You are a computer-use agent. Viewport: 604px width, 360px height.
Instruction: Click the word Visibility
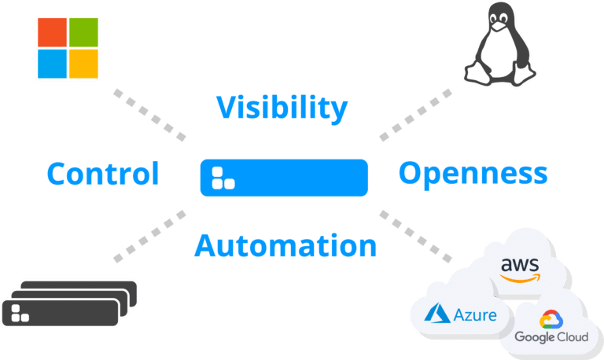(282, 108)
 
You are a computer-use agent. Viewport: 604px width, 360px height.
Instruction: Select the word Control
(103, 174)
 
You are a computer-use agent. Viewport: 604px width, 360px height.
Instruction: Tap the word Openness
(473, 174)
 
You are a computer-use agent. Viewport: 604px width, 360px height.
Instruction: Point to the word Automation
(285, 246)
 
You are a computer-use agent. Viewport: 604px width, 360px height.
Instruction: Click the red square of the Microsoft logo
(52, 32)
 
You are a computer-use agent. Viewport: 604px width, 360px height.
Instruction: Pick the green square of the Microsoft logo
(83, 32)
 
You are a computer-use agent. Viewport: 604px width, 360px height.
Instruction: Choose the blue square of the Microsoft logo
(52, 64)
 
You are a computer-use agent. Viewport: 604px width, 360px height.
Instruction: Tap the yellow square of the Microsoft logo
(83, 64)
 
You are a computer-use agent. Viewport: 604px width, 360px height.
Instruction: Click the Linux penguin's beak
(499, 26)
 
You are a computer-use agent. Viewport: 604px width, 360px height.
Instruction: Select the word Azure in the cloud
(475, 315)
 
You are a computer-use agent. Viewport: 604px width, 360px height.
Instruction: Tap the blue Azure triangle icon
(437, 313)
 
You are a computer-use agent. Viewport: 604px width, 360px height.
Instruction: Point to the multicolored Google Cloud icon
(551, 319)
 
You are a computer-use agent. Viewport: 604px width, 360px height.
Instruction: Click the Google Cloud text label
(551, 337)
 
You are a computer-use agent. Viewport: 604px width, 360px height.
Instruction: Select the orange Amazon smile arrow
(520, 278)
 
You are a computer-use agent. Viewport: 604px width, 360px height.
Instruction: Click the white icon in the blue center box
(223, 178)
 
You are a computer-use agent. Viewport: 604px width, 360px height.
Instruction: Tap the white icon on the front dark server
(20, 313)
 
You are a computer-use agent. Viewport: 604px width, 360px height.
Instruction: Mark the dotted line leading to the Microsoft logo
(150, 115)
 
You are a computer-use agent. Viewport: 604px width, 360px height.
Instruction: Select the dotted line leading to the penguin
(415, 115)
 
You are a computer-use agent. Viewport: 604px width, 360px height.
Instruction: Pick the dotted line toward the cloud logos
(415, 237)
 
